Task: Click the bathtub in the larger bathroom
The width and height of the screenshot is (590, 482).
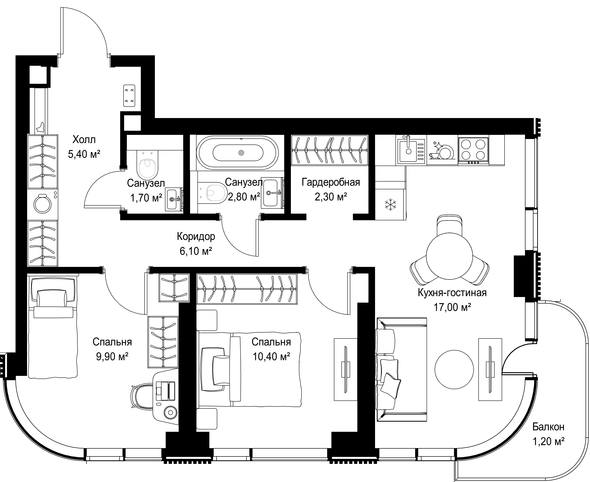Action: pyautogui.click(x=237, y=153)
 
